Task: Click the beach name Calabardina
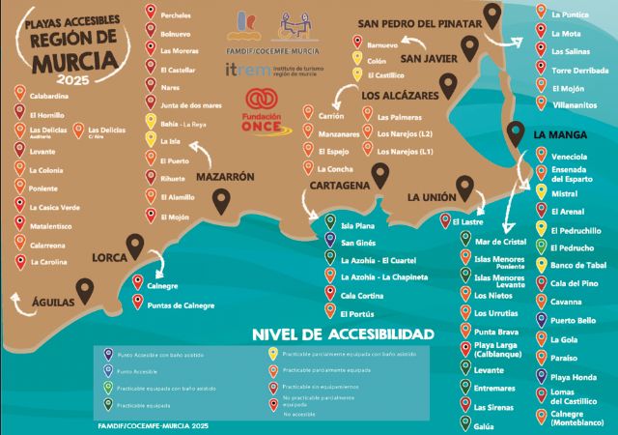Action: [50, 95]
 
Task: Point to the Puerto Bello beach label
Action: [574, 321]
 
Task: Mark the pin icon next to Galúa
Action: [464, 425]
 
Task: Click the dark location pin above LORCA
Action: [135, 246]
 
